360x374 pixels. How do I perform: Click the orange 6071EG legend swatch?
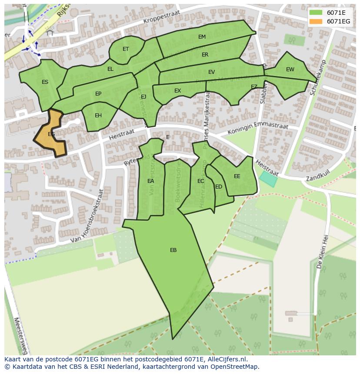(x=316, y=21)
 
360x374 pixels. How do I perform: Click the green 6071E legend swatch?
(x=316, y=13)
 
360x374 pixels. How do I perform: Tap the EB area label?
(x=173, y=250)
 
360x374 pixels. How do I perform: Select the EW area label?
(x=290, y=70)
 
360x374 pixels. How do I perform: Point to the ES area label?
(x=45, y=82)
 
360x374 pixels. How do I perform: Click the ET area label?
(x=126, y=49)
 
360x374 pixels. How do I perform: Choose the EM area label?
(x=202, y=37)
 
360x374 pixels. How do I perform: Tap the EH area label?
(x=98, y=116)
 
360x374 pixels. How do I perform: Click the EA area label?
(x=150, y=181)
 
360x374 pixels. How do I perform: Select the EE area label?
(x=237, y=176)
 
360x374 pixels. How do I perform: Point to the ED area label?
(x=219, y=187)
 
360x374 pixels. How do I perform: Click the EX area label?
(x=177, y=91)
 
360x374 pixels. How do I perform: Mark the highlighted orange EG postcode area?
(x=50, y=135)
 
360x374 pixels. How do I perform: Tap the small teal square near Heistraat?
(x=268, y=179)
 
